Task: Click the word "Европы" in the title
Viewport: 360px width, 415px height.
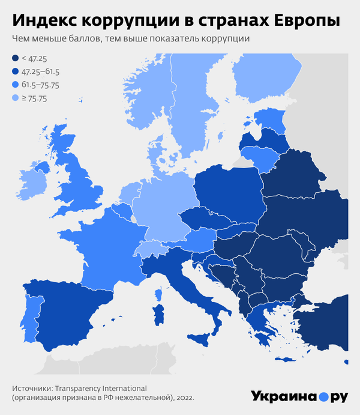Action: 305,20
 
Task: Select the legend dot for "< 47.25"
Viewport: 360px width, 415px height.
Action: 15,58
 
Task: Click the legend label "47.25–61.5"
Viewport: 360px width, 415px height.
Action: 41,71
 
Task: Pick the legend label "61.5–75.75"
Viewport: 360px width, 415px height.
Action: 43,85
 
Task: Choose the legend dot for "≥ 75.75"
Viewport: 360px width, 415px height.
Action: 15,98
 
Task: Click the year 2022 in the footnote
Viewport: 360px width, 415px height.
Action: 184,398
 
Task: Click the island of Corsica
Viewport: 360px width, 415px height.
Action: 160,294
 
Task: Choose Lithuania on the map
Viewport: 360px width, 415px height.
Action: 262,159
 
